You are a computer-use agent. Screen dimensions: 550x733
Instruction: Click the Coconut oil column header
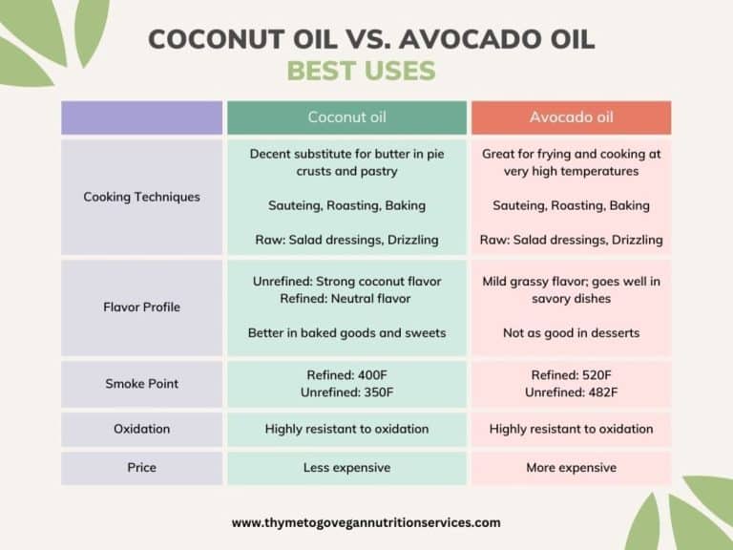coord(346,117)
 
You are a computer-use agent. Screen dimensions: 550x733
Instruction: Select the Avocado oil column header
coord(571,117)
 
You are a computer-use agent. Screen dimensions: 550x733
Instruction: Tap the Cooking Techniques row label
coord(141,197)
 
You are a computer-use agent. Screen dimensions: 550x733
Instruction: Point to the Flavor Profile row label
coord(141,307)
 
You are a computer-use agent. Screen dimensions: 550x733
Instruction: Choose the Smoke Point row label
coord(141,384)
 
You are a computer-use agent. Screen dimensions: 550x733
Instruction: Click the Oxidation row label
coord(141,429)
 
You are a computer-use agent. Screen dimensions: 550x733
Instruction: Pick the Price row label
coord(141,468)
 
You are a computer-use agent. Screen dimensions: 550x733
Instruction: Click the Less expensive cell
coord(346,468)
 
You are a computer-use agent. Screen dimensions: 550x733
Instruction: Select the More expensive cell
coord(571,468)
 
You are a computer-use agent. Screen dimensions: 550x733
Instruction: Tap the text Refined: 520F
coord(571,375)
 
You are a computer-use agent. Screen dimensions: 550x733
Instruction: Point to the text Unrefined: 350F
coord(346,392)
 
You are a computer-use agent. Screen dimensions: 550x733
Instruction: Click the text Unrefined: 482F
coord(571,392)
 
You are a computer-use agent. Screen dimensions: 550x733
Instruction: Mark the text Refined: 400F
coord(346,375)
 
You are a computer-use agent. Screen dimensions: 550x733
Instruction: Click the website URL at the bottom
coord(366,522)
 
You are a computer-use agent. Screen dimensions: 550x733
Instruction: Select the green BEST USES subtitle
coord(361,71)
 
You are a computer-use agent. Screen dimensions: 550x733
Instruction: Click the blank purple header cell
coord(141,117)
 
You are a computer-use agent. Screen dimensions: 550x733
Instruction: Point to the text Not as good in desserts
coord(571,333)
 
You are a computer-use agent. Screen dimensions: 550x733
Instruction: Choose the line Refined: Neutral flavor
coord(346,299)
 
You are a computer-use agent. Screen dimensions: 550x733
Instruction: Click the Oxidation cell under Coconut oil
coord(346,429)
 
